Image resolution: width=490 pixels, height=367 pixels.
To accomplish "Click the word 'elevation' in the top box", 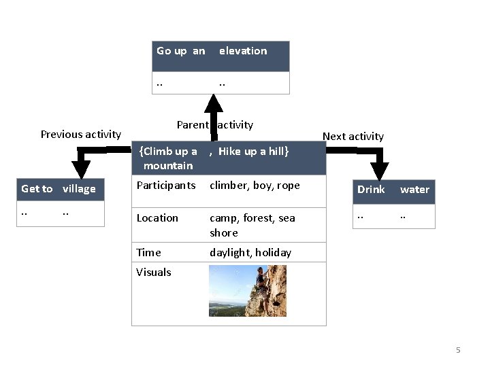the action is click(243, 51).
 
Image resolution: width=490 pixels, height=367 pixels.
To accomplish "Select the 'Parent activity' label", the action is click(214, 124).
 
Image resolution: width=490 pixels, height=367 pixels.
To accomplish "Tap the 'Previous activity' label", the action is click(80, 135).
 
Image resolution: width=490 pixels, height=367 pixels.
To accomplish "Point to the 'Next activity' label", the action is click(353, 136).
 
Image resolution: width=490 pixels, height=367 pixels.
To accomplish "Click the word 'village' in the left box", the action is click(79, 189).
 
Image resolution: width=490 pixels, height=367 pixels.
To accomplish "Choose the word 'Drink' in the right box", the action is click(371, 190).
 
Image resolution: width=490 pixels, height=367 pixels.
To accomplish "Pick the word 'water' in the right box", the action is click(414, 190).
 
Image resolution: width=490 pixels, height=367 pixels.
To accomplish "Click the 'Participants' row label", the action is click(166, 185).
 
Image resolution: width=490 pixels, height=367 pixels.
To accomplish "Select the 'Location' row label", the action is click(157, 218).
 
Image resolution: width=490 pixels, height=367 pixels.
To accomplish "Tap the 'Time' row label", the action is click(148, 252).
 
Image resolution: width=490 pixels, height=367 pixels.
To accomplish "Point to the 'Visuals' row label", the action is click(154, 273).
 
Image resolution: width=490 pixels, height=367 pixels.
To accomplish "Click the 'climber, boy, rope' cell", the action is click(255, 185).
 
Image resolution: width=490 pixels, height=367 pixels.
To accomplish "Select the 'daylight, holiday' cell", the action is click(250, 252).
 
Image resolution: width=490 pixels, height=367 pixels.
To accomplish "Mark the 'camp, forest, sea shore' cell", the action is click(252, 225).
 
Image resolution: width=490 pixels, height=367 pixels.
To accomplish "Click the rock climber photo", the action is click(247, 291).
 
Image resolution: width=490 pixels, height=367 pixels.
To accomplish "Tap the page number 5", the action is click(458, 350).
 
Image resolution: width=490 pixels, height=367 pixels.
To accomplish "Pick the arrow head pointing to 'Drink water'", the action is click(379, 171).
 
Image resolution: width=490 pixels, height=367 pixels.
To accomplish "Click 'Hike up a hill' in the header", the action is click(253, 152).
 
